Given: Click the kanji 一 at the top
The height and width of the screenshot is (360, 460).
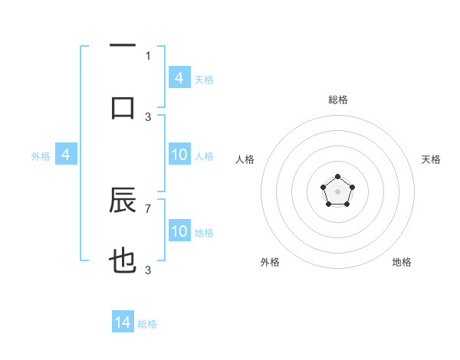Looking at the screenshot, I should tap(123, 47).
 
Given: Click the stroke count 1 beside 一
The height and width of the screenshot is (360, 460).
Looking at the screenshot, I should tap(148, 55).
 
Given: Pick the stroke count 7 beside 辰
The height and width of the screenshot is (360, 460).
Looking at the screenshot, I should tap(148, 208).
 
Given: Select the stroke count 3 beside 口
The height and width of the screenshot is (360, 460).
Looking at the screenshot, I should tap(148, 116).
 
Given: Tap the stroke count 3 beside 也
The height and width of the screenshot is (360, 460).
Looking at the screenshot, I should tap(148, 270).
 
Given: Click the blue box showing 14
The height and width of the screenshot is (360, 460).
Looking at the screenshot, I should tap(123, 322).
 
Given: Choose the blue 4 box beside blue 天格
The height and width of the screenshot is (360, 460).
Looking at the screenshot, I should tap(179, 78).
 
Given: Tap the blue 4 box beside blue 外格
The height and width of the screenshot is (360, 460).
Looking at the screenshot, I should tap(66, 155).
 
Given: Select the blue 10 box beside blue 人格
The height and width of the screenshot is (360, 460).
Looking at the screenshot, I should tap(179, 155).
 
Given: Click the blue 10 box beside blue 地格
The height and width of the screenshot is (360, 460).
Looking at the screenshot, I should tap(179, 231).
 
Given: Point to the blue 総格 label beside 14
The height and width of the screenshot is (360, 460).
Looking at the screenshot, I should tap(147, 324).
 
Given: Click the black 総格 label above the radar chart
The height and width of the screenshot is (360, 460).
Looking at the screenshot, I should tap(337, 100).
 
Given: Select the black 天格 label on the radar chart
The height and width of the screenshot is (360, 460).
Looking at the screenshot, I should tap(431, 159).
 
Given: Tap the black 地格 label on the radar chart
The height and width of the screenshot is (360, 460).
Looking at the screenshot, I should tap(402, 262).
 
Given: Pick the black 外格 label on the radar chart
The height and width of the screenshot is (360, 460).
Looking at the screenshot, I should tap(270, 262).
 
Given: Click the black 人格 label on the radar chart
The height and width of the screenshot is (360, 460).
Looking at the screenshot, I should tap(245, 159).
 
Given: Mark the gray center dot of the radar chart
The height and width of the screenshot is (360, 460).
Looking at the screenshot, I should tap(337, 191).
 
